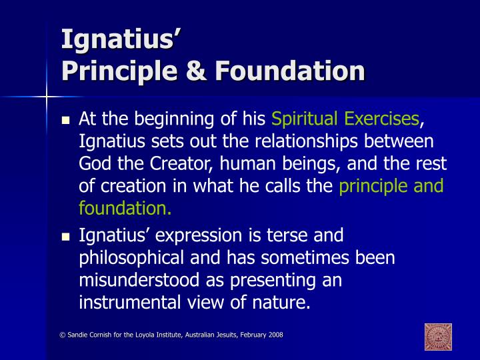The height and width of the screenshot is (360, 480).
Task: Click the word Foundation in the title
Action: pos(288,70)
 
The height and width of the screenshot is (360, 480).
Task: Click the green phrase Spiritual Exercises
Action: pos(345,120)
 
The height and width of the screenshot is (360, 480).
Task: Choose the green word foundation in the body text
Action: pos(124,209)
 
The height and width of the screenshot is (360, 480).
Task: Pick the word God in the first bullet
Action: pos(94,164)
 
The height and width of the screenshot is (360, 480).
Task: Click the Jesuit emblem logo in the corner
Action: pos(438,337)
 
